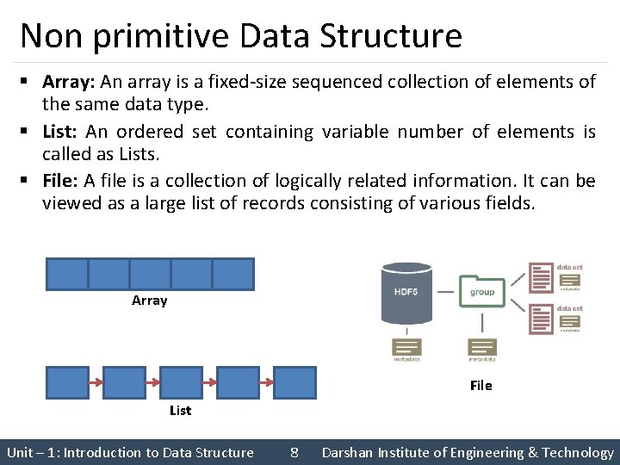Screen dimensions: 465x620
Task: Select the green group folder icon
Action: [481, 292]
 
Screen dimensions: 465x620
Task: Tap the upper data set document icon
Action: [542, 278]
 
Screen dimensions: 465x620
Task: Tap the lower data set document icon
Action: [542, 318]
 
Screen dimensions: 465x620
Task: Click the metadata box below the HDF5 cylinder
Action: [406, 347]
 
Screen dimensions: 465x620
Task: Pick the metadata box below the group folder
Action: [481, 347]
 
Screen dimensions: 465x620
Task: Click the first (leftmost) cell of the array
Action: [67, 274]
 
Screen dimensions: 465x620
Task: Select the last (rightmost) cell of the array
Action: [232, 274]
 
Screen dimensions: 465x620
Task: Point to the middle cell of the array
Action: [150, 274]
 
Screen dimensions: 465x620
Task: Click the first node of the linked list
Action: [67, 381]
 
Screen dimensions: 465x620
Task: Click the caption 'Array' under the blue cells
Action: [150, 301]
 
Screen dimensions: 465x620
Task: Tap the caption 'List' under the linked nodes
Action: [180, 411]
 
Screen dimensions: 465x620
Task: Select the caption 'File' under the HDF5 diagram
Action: [481, 386]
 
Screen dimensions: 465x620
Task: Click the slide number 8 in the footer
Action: [294, 452]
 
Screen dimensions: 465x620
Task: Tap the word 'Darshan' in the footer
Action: [349, 452]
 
